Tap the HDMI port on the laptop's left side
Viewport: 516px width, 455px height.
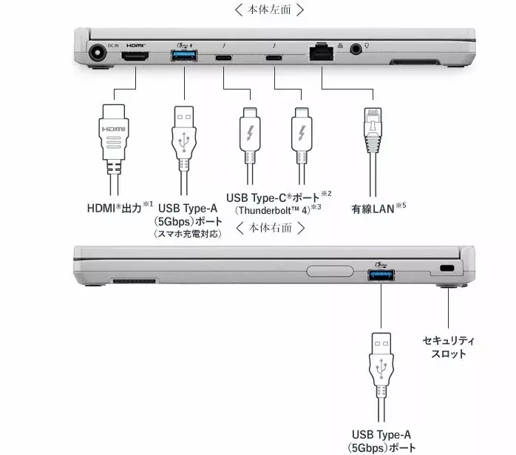click(135, 57)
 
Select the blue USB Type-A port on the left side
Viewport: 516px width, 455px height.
click(182, 57)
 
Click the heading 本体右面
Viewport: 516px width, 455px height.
click(270, 228)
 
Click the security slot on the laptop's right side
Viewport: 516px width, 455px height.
click(446, 268)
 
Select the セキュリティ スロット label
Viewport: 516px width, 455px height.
click(449, 347)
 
